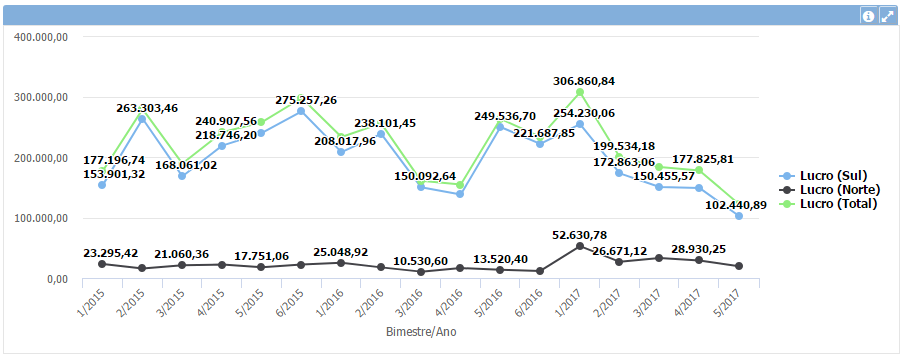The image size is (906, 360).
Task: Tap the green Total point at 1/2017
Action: point(580,92)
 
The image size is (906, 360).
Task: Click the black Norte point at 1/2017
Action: point(580,246)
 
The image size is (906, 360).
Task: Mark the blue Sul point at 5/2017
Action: point(739,216)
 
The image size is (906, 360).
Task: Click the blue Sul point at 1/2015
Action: point(102,185)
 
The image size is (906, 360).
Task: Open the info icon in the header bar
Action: point(868,16)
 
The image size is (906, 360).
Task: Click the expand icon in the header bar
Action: point(886,16)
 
